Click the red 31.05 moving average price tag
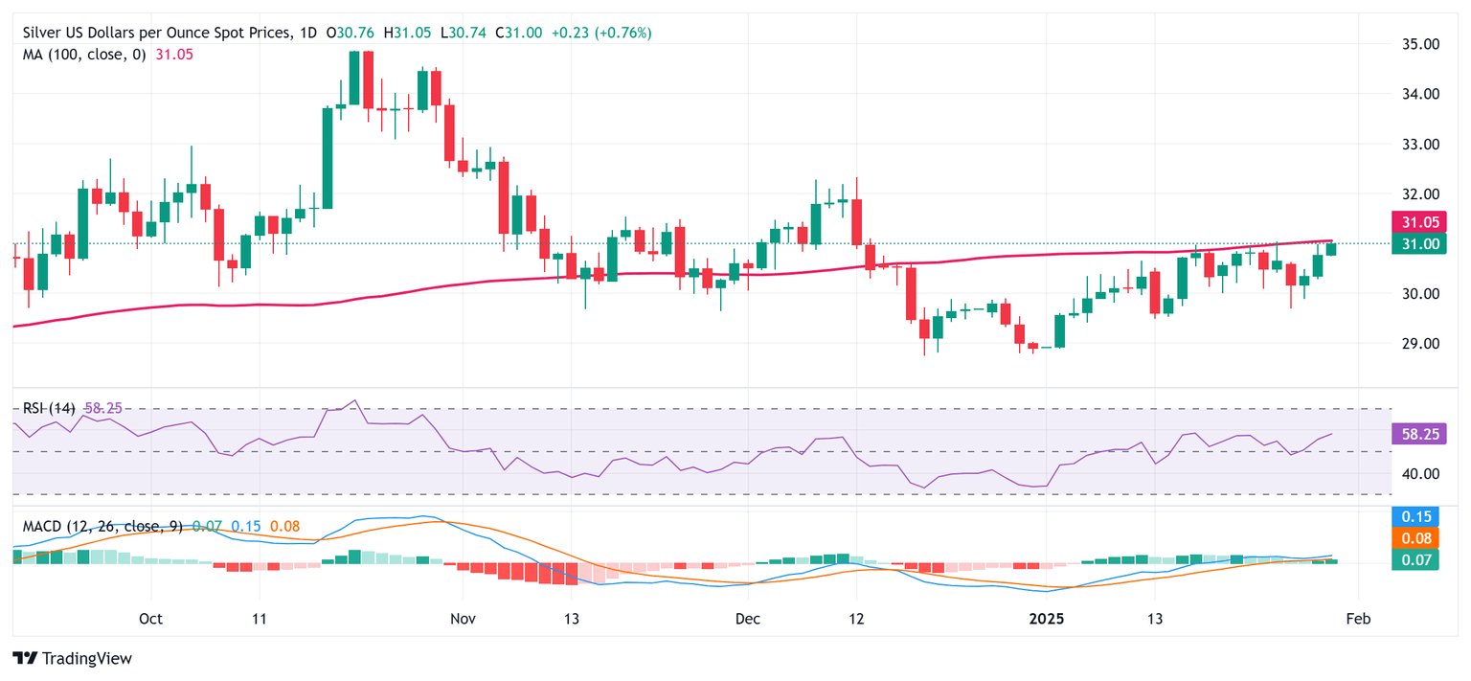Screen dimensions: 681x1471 [1414, 223]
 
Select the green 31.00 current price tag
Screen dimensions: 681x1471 [1414, 244]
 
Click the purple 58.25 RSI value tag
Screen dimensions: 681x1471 [1414, 434]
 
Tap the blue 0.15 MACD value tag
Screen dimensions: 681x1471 [1414, 517]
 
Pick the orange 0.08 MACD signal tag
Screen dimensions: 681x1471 [1414, 538]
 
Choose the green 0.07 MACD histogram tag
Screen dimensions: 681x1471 [1414, 559]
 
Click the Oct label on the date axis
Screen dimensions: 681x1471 [150, 619]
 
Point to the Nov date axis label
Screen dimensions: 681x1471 [462, 619]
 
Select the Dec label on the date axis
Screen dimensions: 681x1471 [748, 619]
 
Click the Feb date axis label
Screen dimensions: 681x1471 [1358, 619]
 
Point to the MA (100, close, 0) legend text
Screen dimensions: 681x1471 [84, 55]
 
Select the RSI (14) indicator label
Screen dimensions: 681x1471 [49, 408]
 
